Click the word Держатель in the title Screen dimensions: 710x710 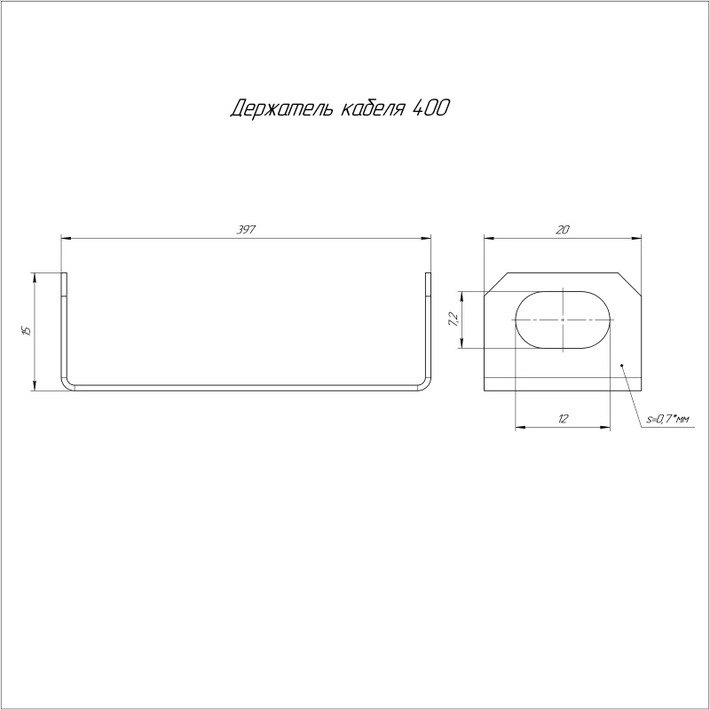tap(281, 108)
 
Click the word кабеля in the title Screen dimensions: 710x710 tap(371, 108)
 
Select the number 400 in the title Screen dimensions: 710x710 tap(431, 107)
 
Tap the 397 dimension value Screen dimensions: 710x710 tap(246, 230)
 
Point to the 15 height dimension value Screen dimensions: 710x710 tap(27, 330)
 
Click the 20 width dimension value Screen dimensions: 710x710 tap(563, 230)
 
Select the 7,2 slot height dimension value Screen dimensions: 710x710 tap(454, 319)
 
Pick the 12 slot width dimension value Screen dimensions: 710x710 tap(563, 418)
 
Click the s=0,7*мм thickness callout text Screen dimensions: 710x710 tap(667, 419)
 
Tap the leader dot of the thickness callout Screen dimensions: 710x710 tap(622, 365)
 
